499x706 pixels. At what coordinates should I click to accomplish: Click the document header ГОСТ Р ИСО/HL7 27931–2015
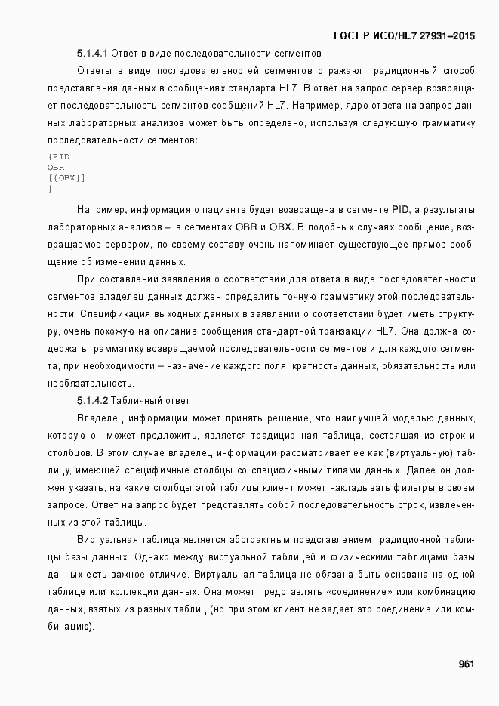pyautogui.click(x=404, y=35)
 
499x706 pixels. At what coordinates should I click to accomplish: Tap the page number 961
pyautogui.click(x=466, y=664)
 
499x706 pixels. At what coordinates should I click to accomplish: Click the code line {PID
pyautogui.click(x=58, y=156)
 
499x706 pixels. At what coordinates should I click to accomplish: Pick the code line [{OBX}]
pyautogui.click(x=66, y=177)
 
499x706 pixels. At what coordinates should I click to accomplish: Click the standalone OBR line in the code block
pyautogui.click(x=56, y=167)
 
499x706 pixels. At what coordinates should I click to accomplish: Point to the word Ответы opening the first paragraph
pyautogui.click(x=96, y=71)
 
